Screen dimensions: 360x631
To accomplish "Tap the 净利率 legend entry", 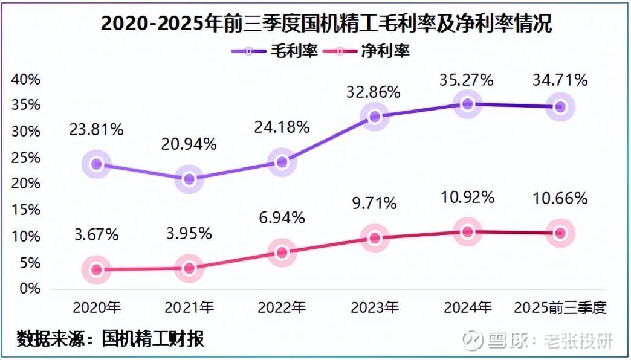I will [x=369, y=51].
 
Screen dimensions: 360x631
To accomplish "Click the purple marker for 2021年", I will [x=189, y=179].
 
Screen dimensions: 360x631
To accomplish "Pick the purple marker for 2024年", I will [x=467, y=104].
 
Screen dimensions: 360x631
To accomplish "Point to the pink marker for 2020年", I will [x=97, y=269].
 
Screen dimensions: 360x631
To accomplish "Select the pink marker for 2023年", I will [x=375, y=238].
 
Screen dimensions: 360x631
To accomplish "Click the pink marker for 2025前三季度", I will [x=560, y=233].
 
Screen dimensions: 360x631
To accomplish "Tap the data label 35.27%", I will [x=467, y=80].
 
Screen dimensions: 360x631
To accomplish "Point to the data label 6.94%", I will [x=282, y=218].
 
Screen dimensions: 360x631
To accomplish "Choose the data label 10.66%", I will [x=560, y=198].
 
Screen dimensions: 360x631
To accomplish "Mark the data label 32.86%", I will [x=375, y=92].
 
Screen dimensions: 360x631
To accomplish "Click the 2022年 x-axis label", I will [x=282, y=307].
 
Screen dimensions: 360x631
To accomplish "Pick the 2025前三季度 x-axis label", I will [x=560, y=307].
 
